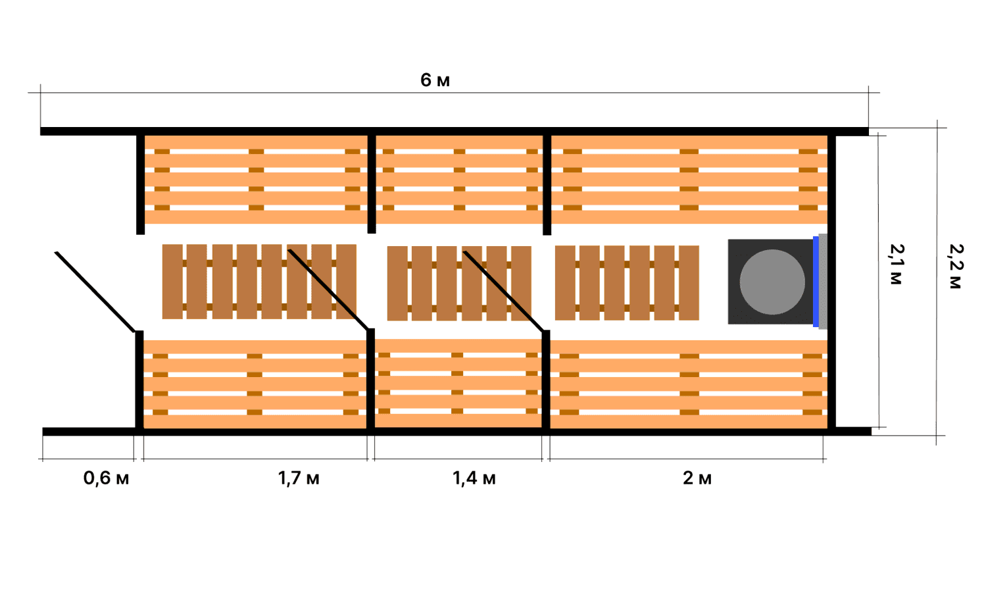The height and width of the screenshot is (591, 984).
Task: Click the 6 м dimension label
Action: [x=435, y=80]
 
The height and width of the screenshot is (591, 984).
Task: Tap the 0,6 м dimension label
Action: [x=106, y=478]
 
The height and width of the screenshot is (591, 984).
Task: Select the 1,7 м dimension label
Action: [x=299, y=478]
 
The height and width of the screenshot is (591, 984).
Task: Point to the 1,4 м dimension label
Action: [x=474, y=478]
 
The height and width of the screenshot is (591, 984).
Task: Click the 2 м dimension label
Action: [x=697, y=478]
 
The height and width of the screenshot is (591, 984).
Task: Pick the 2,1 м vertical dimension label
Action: [x=897, y=264]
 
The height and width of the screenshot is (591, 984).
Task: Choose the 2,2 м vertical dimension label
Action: [x=956, y=266]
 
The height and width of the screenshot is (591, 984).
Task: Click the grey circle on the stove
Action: [x=772, y=282]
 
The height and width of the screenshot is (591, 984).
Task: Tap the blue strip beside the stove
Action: [x=816, y=282]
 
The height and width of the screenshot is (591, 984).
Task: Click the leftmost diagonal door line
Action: [x=95, y=292]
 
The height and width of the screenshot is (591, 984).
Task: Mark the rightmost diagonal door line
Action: [x=503, y=291]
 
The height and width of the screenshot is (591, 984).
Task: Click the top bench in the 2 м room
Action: [x=689, y=179]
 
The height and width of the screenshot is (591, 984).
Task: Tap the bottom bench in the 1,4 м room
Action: [x=458, y=383]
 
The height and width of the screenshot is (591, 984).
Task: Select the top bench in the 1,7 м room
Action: [x=255, y=179]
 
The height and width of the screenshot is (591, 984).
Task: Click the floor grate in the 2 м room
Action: [x=626, y=282]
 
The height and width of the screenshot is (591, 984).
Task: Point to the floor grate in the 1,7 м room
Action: [x=259, y=282]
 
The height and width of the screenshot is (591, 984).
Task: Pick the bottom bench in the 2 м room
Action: [x=689, y=384]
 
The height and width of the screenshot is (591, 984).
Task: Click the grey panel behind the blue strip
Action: [x=823, y=282]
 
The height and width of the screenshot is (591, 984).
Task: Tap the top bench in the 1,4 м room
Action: [x=459, y=179]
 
